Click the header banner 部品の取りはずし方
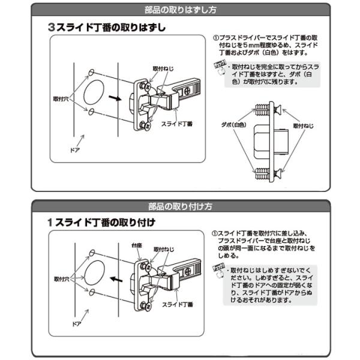[x=179, y=10]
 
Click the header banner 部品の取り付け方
[x=179, y=206]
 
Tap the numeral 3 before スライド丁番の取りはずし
[x=52, y=28]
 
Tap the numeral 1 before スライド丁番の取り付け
[x=52, y=223]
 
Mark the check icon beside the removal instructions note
[x=218, y=68]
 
